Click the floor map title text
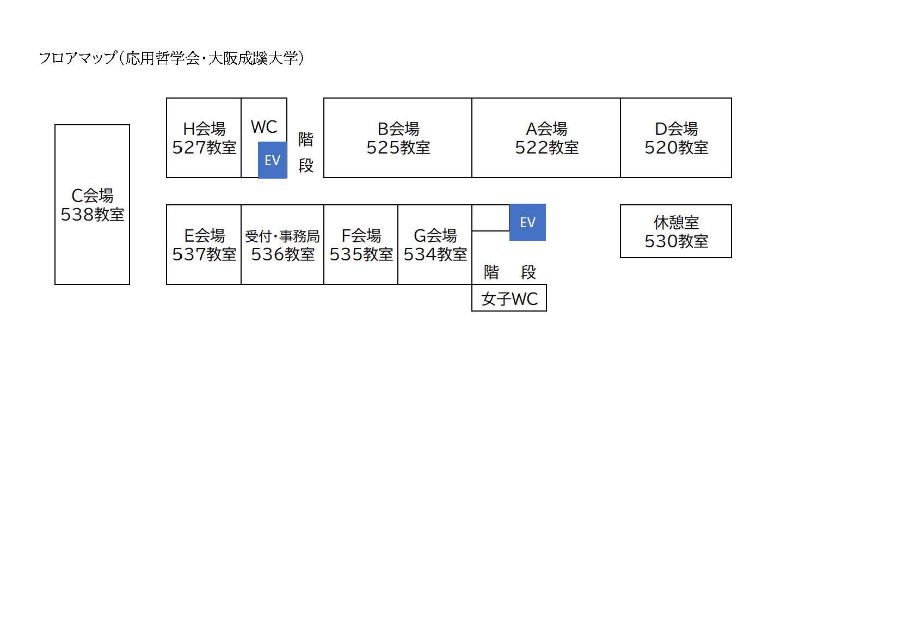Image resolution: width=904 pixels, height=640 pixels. pos(171,58)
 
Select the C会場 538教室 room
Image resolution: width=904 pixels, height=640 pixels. pos(92,204)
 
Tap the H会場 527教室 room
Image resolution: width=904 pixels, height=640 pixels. pos(204,138)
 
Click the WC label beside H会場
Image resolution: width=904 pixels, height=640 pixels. pos(264,127)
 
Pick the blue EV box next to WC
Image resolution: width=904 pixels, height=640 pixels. pos(272,160)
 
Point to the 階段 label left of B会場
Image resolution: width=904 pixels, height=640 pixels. pos(305,152)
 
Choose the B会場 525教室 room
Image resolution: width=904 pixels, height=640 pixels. pos(398,138)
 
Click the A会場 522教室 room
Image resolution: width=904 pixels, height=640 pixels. pos(546,138)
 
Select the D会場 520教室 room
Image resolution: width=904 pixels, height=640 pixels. pos(676,138)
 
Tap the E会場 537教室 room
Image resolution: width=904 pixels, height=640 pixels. pos(204,245)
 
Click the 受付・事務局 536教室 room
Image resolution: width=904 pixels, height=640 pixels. pos(282,245)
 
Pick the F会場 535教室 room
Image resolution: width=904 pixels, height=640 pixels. pos(361,245)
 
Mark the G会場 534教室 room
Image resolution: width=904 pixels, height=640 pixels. pos(435,245)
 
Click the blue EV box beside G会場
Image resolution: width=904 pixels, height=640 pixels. pos(527,222)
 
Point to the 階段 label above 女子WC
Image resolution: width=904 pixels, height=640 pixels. pos(509,272)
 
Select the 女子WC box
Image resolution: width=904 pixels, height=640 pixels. pos(509,298)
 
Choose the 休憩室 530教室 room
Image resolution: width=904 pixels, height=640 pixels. pos(676,231)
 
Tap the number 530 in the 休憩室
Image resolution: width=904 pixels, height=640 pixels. pos(660,241)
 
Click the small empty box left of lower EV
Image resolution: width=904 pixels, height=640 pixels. pos(490,218)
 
